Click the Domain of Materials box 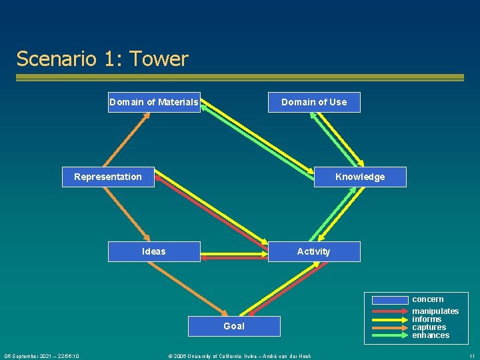click(154, 102)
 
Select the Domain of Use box click(314, 102)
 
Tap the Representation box click(108, 177)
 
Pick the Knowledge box click(360, 177)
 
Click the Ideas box click(154, 251)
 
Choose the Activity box click(314, 251)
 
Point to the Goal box click(234, 326)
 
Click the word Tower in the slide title click(159, 59)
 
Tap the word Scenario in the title click(57, 59)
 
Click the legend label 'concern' click(427, 299)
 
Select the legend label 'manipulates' click(435, 311)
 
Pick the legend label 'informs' click(427, 319)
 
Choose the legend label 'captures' click(429, 327)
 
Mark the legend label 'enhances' click(431, 335)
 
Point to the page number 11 click(471, 356)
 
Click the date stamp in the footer click(42, 356)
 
